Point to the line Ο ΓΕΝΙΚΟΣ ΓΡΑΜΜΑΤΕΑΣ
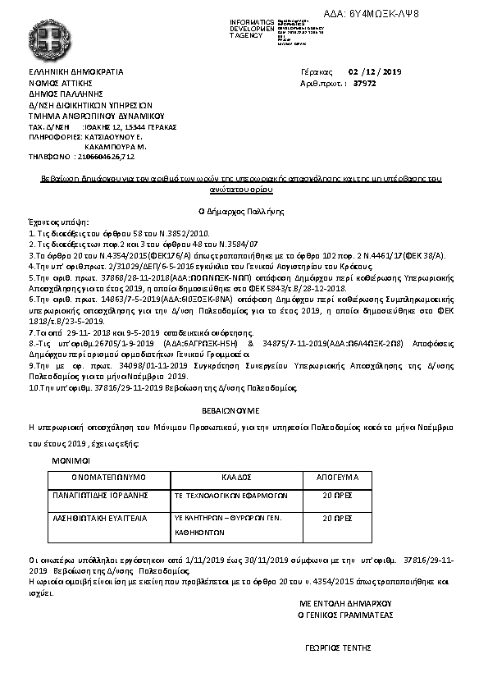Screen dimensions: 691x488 click(x=345, y=613)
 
